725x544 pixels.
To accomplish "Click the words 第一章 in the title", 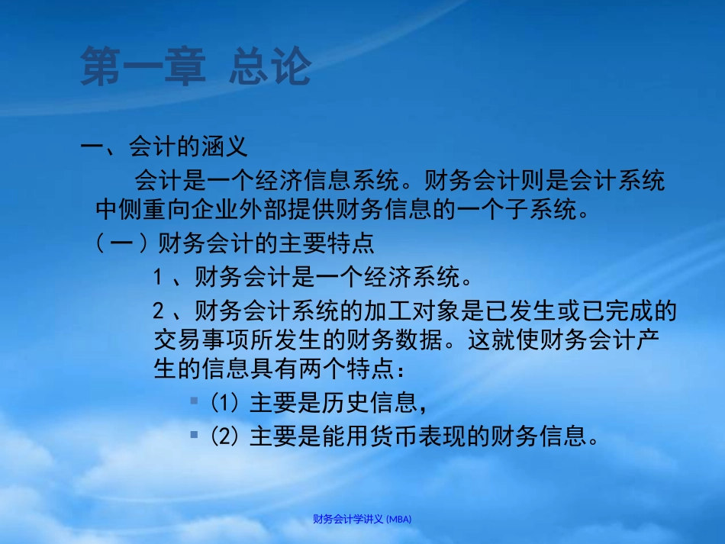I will [143, 67].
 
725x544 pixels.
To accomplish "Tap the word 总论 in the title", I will [270, 67].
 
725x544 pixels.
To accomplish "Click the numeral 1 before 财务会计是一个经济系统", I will [158, 275].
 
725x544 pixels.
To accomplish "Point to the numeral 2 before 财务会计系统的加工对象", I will [158, 311].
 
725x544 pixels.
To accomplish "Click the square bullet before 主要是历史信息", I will [195, 400].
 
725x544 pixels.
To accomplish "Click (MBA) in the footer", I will [399, 519].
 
